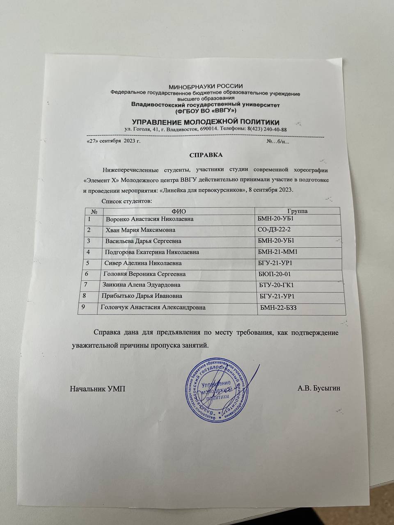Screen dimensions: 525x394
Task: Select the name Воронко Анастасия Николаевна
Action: (x=149, y=219)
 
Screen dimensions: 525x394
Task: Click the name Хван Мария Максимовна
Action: (x=140, y=230)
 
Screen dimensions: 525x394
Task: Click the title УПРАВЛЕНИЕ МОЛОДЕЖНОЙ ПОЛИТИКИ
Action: (x=205, y=122)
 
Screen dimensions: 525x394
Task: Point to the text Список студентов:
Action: (x=126, y=201)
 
